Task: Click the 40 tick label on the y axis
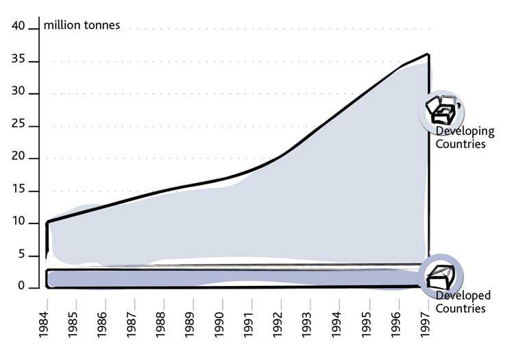18,26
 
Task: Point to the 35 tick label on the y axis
18,60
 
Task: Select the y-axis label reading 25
18,125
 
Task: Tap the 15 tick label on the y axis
18,190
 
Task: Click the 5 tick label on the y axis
22,255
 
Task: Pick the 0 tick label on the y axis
22,287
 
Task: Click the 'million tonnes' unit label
82,25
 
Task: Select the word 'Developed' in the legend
463,296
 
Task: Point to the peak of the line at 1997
429,53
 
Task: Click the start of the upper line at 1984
47,222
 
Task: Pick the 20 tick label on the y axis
18,158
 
